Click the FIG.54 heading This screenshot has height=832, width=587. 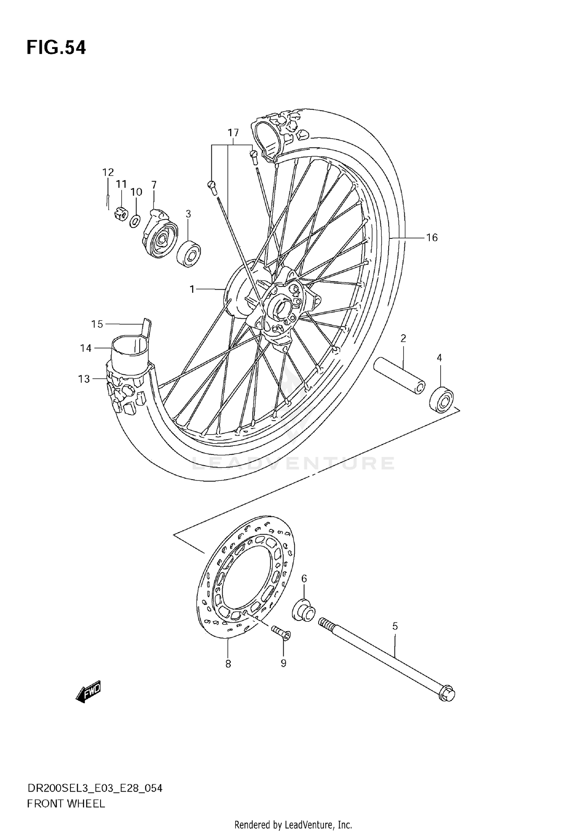56,47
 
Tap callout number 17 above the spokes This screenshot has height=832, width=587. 233,133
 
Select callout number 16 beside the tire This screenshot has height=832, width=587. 432,238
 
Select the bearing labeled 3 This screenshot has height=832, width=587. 189,254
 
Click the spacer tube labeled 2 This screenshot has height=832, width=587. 399,375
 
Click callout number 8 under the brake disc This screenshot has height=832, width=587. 228,664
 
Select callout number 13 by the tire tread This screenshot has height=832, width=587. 84,379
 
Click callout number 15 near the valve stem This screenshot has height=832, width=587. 97,324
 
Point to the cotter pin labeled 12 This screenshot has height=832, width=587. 108,200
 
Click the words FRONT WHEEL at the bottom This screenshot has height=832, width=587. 66,804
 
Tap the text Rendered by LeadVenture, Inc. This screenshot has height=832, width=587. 293,825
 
